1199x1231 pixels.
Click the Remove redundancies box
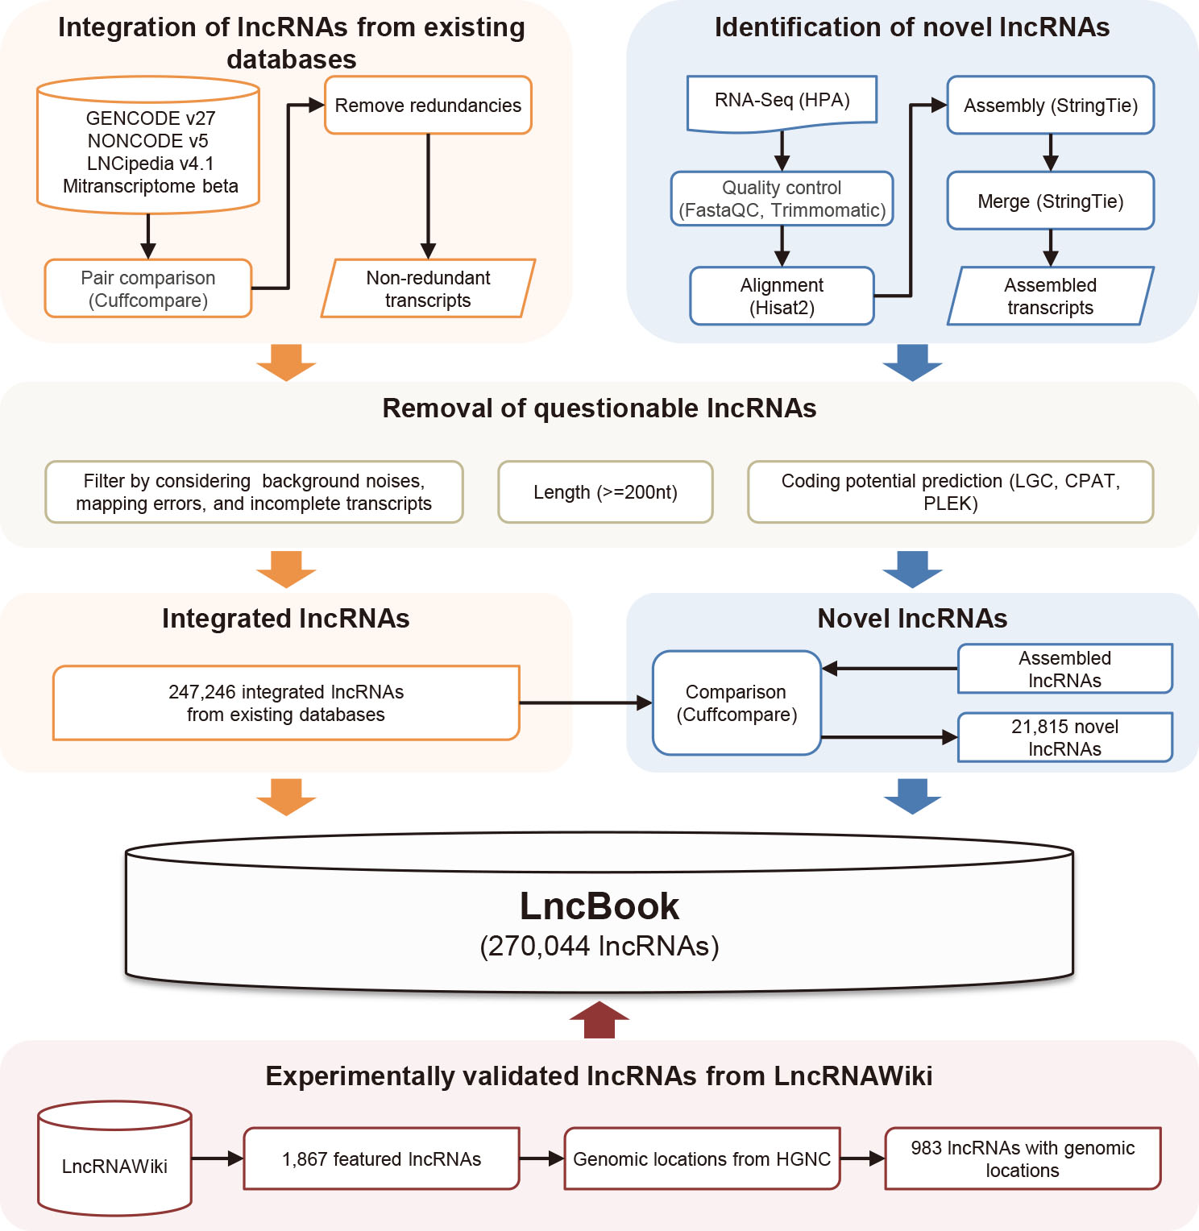pos(428,106)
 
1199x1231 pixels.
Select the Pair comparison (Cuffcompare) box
pos(148,288)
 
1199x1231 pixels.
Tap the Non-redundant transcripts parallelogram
pos(428,288)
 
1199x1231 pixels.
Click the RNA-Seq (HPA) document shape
pos(782,102)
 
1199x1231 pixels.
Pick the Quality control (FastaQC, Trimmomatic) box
pos(782,199)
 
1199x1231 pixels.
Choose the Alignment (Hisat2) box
pos(782,296)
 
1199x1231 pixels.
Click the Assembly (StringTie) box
pos(1050,106)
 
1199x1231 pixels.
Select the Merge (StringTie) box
pos(1050,201)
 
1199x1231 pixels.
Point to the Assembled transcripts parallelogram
pos(1050,296)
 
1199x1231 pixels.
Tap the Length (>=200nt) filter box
pos(605,492)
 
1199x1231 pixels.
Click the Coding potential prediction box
pos(950,492)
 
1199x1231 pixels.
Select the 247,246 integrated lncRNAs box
pos(286,703)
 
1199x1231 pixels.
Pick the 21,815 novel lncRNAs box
pos(1064,737)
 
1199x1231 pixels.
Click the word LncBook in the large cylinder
pos(599,906)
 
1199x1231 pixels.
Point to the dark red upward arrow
pos(599,1020)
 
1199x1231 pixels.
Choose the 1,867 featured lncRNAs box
pos(381,1159)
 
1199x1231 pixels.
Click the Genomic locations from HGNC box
pos(702,1159)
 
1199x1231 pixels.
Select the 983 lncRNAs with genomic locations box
pos(1023,1159)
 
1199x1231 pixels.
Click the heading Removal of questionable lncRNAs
pos(599,408)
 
